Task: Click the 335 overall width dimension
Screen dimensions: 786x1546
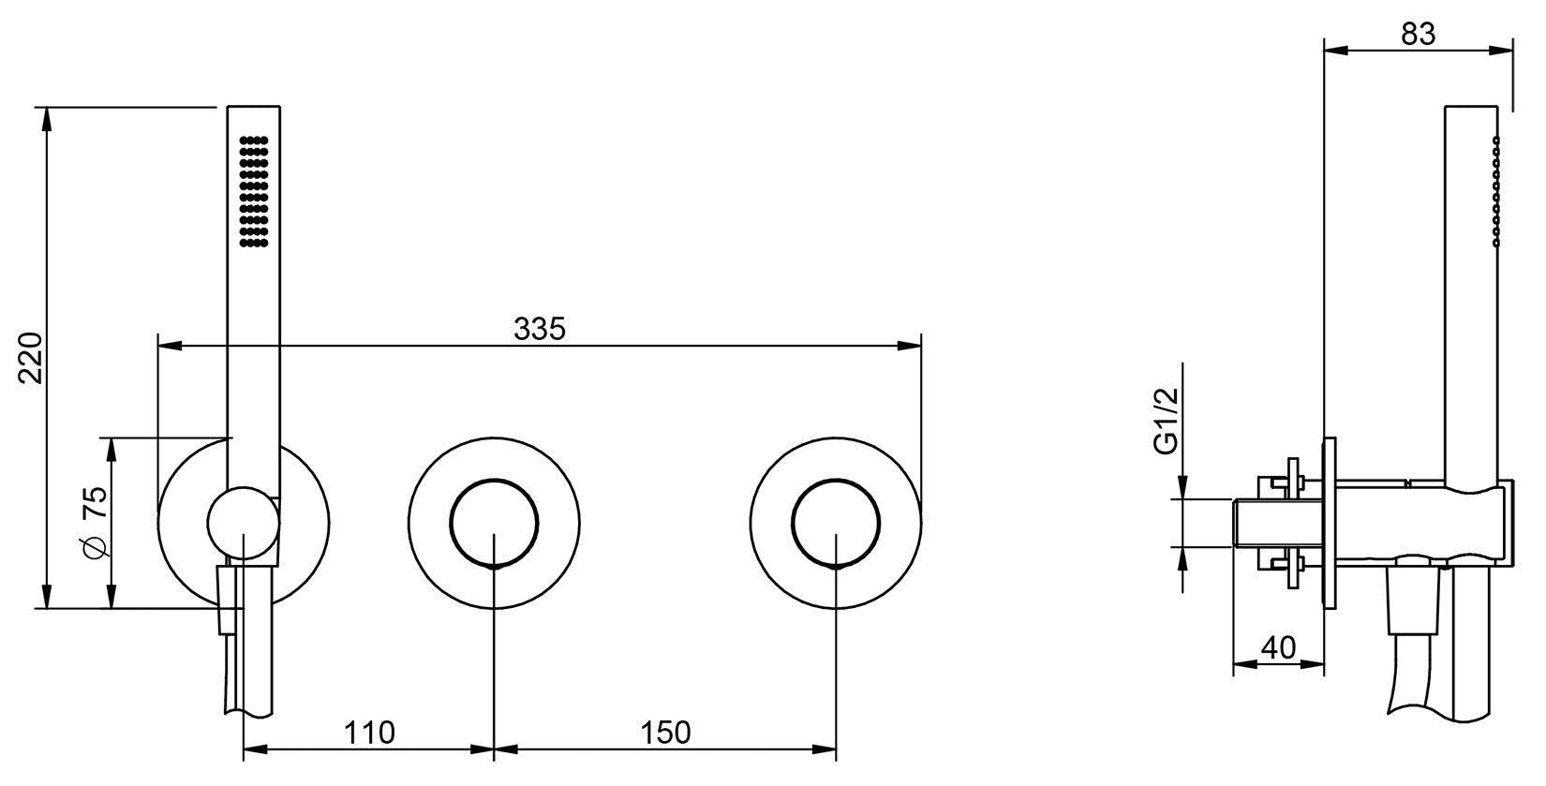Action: pyautogui.click(x=540, y=329)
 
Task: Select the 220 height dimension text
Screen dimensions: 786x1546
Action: pyautogui.click(x=31, y=357)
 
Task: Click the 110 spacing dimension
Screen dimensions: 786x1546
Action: pyautogui.click(x=368, y=732)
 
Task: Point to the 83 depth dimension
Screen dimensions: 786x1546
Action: pyautogui.click(x=1419, y=34)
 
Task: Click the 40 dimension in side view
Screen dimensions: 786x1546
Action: pyautogui.click(x=1278, y=647)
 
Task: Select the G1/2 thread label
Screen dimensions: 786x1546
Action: pyautogui.click(x=1165, y=423)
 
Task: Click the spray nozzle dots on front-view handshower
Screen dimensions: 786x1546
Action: pyautogui.click(x=254, y=192)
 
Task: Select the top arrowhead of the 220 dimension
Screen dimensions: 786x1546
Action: pyautogui.click(x=45, y=118)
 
